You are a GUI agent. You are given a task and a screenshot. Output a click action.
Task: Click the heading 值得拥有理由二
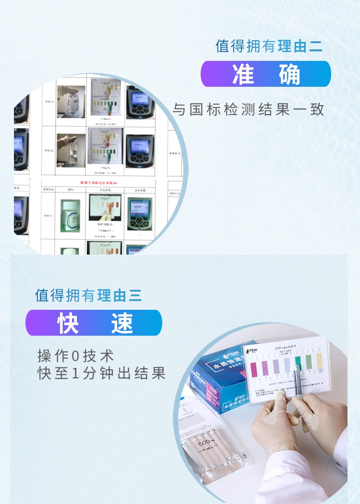click(x=269, y=46)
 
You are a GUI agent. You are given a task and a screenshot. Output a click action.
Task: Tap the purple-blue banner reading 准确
click(x=265, y=74)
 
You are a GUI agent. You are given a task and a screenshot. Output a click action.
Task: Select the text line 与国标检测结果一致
click(x=249, y=110)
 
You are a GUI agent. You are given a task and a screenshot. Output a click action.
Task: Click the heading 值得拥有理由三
click(x=88, y=295)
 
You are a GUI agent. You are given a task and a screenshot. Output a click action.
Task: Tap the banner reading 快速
click(x=94, y=323)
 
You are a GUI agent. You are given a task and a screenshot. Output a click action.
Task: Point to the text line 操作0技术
click(x=76, y=356)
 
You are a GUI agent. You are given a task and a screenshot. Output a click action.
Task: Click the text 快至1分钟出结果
click(x=102, y=373)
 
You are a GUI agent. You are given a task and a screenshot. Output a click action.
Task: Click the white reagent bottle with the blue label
click(x=70, y=216)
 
